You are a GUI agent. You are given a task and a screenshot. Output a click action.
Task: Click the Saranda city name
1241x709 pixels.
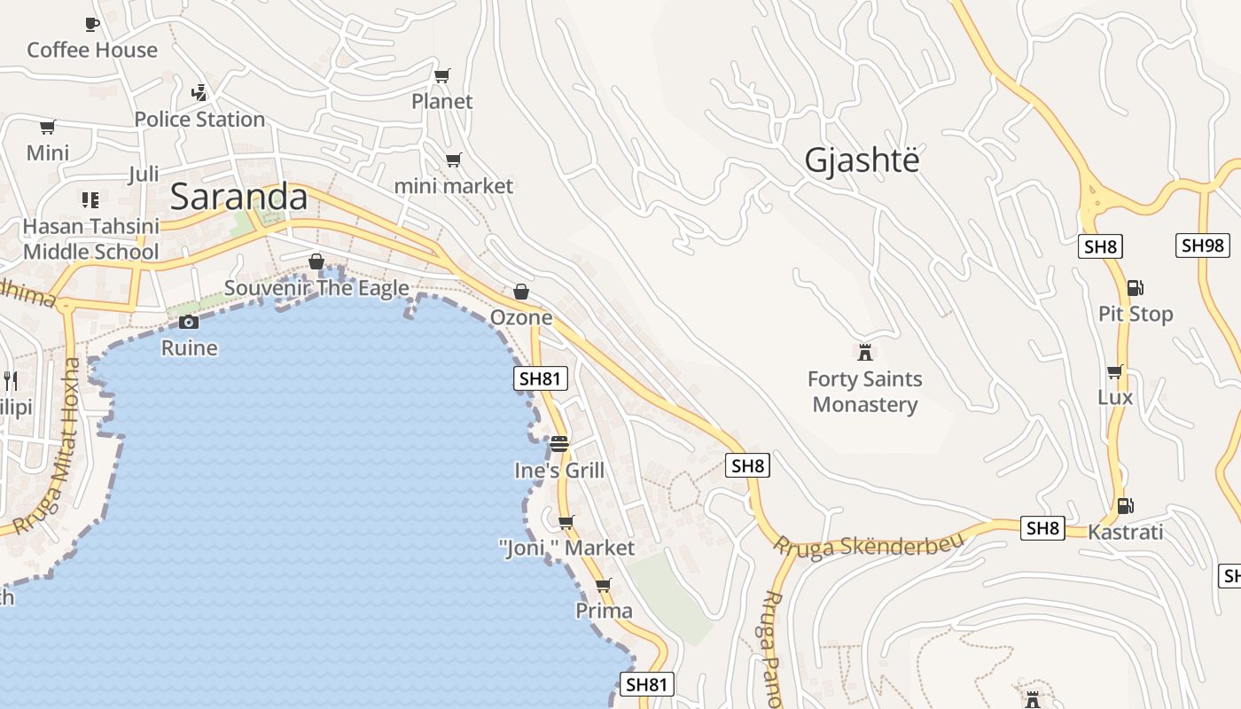pyautogui.click(x=238, y=197)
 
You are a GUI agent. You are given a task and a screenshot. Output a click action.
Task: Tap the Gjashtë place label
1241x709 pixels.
pyautogui.click(x=862, y=160)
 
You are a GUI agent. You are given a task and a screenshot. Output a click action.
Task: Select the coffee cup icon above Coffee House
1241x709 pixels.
pyautogui.click(x=91, y=24)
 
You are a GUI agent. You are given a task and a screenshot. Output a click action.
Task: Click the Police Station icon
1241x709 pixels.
pyautogui.click(x=199, y=92)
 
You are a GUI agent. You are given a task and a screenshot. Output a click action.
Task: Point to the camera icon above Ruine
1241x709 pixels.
pyautogui.click(x=189, y=322)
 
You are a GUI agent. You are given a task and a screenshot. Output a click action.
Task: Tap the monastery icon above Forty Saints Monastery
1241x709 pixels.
pyautogui.click(x=864, y=352)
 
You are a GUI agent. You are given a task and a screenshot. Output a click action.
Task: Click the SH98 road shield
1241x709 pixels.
pyautogui.click(x=1202, y=245)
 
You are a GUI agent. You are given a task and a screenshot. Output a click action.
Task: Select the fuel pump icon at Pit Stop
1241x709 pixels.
pyautogui.click(x=1135, y=287)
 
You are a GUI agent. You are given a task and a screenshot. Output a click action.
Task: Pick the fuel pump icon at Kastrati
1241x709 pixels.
pyautogui.click(x=1125, y=505)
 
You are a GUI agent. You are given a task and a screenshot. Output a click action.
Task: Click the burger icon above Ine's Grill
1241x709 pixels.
pyautogui.click(x=559, y=443)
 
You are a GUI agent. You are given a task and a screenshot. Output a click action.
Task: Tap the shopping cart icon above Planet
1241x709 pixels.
pyautogui.click(x=442, y=75)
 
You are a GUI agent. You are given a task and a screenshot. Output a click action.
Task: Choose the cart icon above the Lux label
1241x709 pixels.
pyautogui.click(x=1114, y=371)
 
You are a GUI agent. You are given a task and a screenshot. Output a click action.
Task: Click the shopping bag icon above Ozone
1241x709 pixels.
pyautogui.click(x=521, y=291)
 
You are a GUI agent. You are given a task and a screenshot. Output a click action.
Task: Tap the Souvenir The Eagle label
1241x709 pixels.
pyautogui.click(x=316, y=288)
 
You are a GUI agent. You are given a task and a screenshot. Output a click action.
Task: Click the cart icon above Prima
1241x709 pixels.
pyautogui.click(x=604, y=585)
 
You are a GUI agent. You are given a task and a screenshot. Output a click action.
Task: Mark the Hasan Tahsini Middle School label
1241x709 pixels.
pyautogui.click(x=90, y=239)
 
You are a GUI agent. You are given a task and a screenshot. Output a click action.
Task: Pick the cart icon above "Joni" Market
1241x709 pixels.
pyautogui.click(x=566, y=522)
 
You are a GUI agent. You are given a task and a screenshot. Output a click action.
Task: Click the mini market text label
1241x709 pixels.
pyautogui.click(x=453, y=186)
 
